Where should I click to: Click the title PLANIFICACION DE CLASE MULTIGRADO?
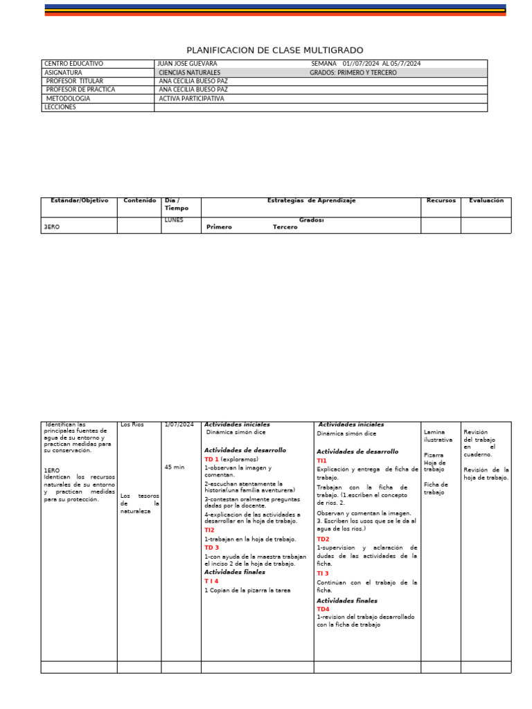[274, 51]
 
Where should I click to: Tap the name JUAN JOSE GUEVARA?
[187, 64]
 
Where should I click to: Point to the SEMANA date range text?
[366, 64]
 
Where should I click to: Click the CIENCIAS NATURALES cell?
[189, 73]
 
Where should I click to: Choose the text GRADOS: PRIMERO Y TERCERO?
[353, 73]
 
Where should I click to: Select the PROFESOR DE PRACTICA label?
[80, 90]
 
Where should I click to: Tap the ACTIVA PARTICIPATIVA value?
[192, 99]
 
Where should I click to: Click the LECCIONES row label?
[60, 107]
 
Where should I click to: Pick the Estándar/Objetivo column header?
[79, 201]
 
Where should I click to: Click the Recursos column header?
[441, 201]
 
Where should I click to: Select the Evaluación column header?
[486, 201]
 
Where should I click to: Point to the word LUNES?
[174, 220]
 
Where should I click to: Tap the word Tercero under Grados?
[285, 227]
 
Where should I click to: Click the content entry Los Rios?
[132, 424]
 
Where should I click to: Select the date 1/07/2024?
[179, 424]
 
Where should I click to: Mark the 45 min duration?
[175, 467]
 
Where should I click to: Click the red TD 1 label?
[211, 459]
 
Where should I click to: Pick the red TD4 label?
[323, 609]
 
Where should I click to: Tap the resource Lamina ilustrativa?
[438, 436]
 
